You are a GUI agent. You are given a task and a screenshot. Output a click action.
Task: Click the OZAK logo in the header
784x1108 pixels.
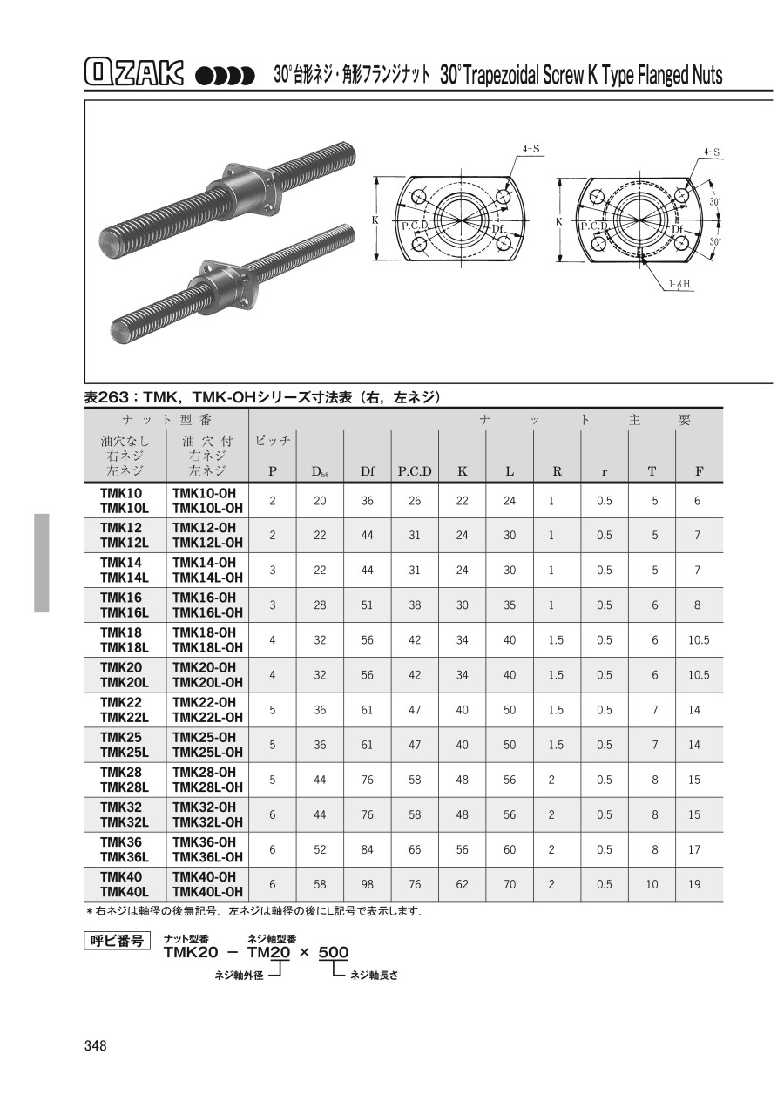[138, 74]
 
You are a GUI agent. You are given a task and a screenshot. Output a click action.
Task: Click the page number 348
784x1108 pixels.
[96, 1045]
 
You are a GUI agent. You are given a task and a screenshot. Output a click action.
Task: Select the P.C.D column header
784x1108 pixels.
[415, 471]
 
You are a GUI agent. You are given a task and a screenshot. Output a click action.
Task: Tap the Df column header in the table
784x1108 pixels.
[368, 471]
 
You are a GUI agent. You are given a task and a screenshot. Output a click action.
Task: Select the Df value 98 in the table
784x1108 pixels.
[368, 884]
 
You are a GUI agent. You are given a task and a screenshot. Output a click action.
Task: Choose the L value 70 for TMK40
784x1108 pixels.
[510, 884]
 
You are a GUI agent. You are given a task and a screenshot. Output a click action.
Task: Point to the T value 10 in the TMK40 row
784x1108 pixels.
[652, 884]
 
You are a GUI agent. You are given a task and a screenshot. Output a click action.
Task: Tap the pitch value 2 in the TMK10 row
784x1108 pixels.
[273, 501]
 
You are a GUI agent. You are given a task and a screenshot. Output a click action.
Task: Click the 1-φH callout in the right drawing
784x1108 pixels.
[680, 285]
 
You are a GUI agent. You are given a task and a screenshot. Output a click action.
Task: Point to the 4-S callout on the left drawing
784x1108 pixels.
[531, 150]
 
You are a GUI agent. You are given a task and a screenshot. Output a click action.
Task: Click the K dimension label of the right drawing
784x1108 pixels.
[559, 221]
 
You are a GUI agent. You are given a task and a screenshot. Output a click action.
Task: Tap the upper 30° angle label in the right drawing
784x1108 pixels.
[715, 201]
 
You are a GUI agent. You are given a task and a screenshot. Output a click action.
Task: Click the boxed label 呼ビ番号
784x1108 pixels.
[118, 940]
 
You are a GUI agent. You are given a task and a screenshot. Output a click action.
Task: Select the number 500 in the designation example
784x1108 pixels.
[334, 953]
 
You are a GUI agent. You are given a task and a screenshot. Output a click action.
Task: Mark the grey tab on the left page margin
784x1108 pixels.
[42, 563]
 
